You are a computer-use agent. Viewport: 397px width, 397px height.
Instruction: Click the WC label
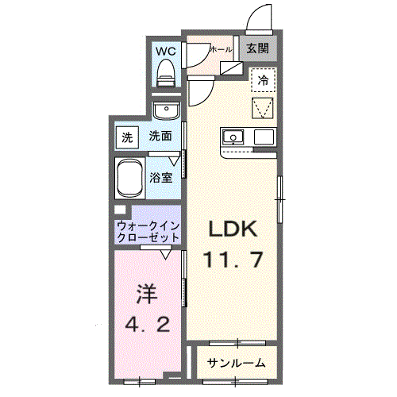[166, 51]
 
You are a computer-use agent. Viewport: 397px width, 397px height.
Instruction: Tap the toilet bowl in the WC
[166, 73]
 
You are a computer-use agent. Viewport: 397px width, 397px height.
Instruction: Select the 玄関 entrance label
[256, 48]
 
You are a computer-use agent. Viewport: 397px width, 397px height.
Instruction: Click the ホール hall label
[221, 49]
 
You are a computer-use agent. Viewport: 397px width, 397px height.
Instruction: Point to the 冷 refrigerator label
[263, 79]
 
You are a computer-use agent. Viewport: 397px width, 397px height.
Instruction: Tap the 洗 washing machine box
[127, 137]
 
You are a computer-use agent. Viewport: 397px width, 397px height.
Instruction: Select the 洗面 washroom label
[160, 137]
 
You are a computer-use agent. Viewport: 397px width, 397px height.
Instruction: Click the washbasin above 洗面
[166, 110]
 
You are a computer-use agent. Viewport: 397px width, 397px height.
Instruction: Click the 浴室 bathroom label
[161, 176]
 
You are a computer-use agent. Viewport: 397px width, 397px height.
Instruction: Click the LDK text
[233, 230]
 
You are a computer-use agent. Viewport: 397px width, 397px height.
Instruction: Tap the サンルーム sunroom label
[237, 363]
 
